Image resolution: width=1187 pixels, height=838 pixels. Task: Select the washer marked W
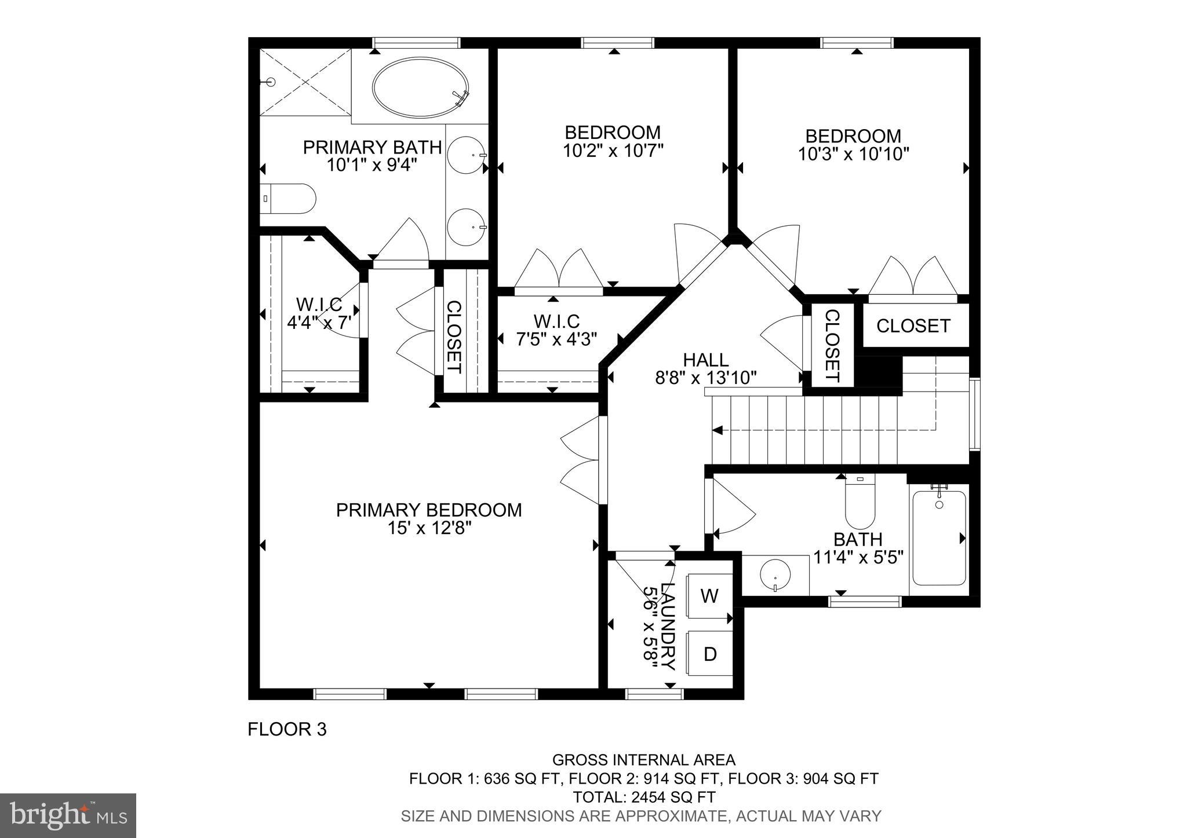click(x=709, y=596)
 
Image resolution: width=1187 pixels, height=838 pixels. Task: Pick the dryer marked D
click(x=709, y=654)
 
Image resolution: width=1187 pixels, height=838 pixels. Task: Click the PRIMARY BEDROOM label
click(x=429, y=510)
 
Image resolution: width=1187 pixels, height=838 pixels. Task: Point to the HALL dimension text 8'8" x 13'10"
click(x=705, y=378)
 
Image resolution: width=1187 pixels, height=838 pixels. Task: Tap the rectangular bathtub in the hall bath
click(x=939, y=538)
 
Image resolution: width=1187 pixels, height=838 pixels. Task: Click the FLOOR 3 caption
click(x=287, y=729)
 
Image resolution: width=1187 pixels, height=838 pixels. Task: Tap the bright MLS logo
click(x=68, y=815)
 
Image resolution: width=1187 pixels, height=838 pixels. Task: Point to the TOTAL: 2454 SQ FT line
click(x=643, y=797)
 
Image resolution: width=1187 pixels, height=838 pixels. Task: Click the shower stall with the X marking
click(x=305, y=82)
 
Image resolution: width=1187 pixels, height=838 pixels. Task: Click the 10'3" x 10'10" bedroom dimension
click(x=853, y=154)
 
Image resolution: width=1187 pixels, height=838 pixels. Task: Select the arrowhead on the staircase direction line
click(x=718, y=430)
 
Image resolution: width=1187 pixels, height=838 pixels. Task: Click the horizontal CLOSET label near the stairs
click(x=913, y=326)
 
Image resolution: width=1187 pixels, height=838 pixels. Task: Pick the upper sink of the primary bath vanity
click(x=467, y=155)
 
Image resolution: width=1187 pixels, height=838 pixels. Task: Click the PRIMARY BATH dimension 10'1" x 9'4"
click(x=372, y=165)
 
